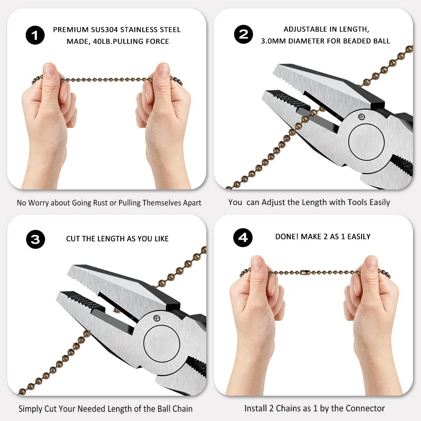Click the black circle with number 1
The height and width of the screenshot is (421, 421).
pyautogui.click(x=35, y=35)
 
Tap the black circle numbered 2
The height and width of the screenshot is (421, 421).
pyautogui.click(x=243, y=34)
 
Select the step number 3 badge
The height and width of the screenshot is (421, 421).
pyautogui.click(x=35, y=239)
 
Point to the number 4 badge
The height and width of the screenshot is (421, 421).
pyautogui.click(x=243, y=237)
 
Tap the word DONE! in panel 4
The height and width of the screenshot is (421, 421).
pyautogui.click(x=288, y=237)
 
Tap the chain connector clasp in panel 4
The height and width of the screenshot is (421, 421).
pyautogui.click(x=306, y=273)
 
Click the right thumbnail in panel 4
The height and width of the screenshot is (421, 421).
pyautogui.click(x=371, y=263)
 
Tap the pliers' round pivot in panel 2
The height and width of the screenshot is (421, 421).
pyautogui.click(x=366, y=142)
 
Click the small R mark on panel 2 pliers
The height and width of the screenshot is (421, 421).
pyautogui.click(x=361, y=116)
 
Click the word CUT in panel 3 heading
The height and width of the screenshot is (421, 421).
pyautogui.click(x=73, y=239)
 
